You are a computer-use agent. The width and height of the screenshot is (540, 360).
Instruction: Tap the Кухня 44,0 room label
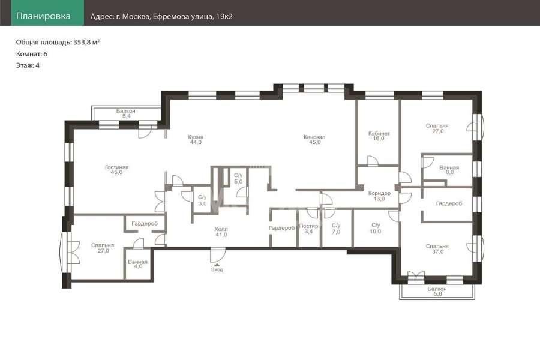click(195, 140)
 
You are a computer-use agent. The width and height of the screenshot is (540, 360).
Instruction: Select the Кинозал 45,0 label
click(314, 140)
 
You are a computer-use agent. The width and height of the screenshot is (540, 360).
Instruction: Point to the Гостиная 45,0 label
click(117, 170)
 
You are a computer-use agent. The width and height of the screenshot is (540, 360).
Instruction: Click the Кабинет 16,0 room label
click(379, 136)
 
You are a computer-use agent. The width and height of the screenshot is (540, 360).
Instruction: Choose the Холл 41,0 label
click(221, 232)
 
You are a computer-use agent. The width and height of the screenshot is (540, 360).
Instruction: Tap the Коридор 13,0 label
click(379, 196)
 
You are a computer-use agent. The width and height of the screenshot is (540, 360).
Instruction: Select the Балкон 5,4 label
click(126, 113)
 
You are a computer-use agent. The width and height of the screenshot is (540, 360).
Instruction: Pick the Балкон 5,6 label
click(437, 292)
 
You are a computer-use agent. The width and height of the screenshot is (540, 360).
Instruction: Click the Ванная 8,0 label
click(449, 170)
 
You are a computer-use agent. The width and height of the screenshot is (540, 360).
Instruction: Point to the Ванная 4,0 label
click(138, 264)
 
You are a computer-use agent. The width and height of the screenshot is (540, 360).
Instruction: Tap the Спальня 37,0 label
click(437, 249)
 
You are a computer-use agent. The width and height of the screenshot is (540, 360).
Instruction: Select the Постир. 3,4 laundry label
click(309, 229)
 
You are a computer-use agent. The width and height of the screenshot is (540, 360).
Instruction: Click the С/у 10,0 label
click(376, 229)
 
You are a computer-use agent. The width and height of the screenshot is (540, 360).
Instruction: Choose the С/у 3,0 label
click(203, 200)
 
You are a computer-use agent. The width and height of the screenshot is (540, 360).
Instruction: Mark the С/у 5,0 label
click(238, 178)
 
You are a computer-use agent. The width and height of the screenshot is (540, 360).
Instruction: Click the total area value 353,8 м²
click(87, 43)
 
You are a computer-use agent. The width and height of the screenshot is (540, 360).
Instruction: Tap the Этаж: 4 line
click(28, 65)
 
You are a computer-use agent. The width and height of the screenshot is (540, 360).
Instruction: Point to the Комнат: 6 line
click(32, 54)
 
